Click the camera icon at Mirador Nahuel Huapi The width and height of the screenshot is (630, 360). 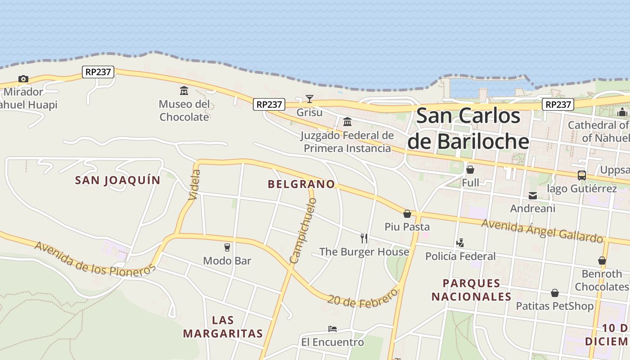click(x=23, y=79)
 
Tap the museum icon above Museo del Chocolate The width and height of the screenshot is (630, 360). click(x=184, y=91)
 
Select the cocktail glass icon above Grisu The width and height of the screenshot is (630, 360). click(x=310, y=99)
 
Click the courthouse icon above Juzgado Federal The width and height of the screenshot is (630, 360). click(x=347, y=122)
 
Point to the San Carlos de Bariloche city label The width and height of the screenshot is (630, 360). click(x=468, y=128)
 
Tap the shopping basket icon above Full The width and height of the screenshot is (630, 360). click(x=470, y=170)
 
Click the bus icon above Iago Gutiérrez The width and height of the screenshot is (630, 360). click(x=582, y=175)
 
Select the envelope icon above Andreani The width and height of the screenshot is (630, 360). click(x=533, y=196)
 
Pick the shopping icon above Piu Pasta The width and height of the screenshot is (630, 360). click(x=407, y=214)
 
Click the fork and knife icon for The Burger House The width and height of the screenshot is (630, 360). click(x=364, y=238)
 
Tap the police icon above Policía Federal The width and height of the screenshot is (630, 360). click(x=460, y=243)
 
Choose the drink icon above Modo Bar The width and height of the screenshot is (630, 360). click(x=227, y=247)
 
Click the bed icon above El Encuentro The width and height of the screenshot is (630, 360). click(x=333, y=329)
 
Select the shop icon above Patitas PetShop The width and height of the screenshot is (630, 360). click(x=555, y=293)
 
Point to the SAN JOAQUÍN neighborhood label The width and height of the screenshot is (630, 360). click(x=117, y=180)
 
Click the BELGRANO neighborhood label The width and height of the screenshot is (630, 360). click(x=301, y=184)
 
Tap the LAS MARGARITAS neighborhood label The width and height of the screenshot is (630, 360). click(x=223, y=327)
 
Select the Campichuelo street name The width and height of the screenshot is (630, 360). click(x=304, y=230)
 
